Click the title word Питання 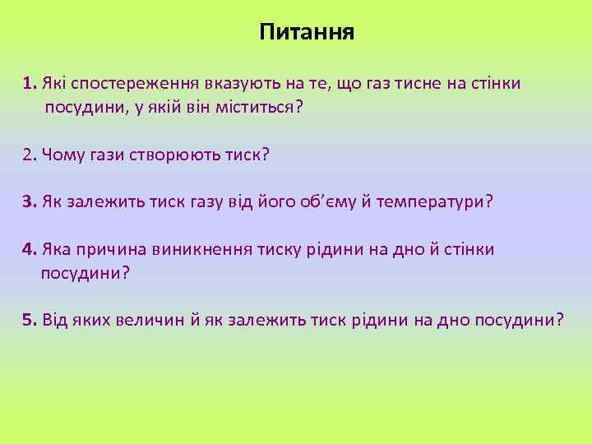306,33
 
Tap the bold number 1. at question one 30,84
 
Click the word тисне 420,84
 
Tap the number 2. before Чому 30,155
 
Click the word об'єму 339,202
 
